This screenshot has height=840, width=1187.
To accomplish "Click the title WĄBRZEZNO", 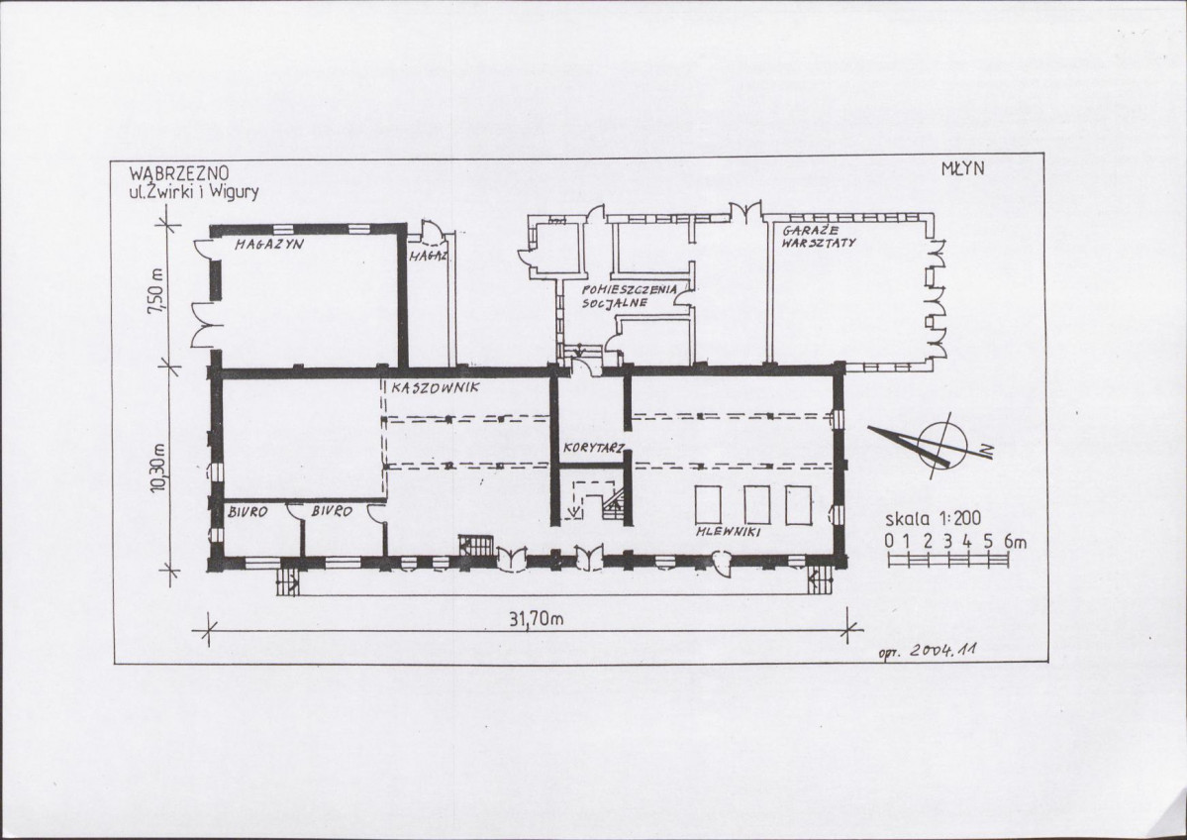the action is (x=179, y=174).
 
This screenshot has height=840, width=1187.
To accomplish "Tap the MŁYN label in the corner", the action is (x=963, y=168).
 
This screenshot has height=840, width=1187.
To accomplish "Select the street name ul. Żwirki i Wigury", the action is (x=194, y=191).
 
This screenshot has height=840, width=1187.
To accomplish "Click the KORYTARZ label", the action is (x=594, y=448).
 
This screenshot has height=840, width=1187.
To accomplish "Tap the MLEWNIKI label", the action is (x=729, y=532).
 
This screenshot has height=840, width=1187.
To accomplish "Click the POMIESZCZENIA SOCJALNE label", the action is (x=629, y=296).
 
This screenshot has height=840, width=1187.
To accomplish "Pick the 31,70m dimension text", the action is (x=536, y=619).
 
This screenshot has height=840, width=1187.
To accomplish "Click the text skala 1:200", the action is (x=933, y=519).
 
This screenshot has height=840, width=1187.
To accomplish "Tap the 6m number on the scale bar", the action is (x=1015, y=542).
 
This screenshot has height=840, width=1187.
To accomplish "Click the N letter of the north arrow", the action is (x=986, y=452).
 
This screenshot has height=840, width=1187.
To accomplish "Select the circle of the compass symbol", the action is (x=943, y=442).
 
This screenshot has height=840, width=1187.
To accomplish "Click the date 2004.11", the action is (x=943, y=650).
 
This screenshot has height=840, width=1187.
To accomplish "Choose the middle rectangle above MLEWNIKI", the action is (x=757, y=505).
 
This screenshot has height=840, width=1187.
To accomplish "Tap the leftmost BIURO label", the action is (x=247, y=512).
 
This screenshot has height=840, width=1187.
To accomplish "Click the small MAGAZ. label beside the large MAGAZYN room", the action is (x=429, y=256).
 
